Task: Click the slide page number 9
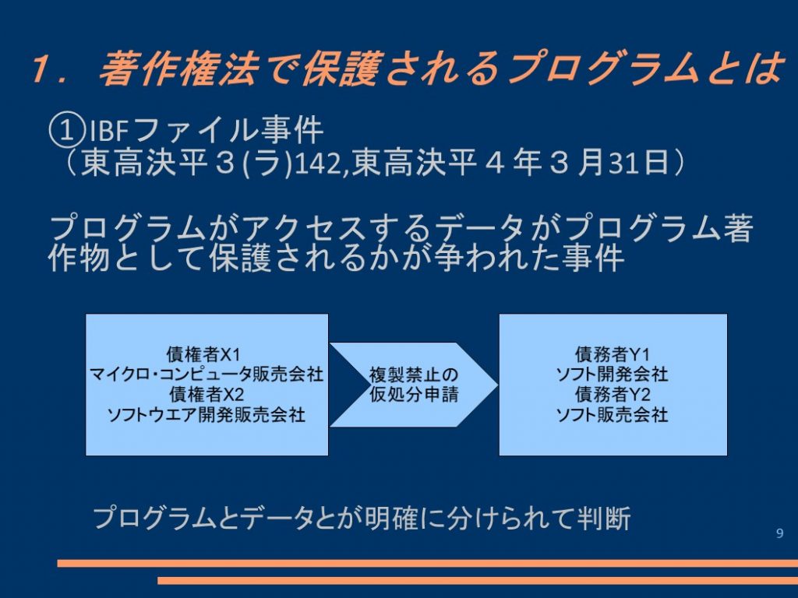tap(779, 533)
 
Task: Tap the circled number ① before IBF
tap(65, 131)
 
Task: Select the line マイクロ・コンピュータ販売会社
tap(207, 375)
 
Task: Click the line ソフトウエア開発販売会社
tap(207, 415)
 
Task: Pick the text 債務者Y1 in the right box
tap(613, 354)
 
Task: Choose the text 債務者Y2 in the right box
tap(613, 395)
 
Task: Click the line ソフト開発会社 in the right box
tap(613, 375)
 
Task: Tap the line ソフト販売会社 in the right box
tap(613, 415)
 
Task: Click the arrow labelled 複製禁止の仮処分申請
tap(413, 385)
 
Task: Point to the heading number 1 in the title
tap(41, 69)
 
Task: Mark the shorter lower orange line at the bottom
tap(478, 580)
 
